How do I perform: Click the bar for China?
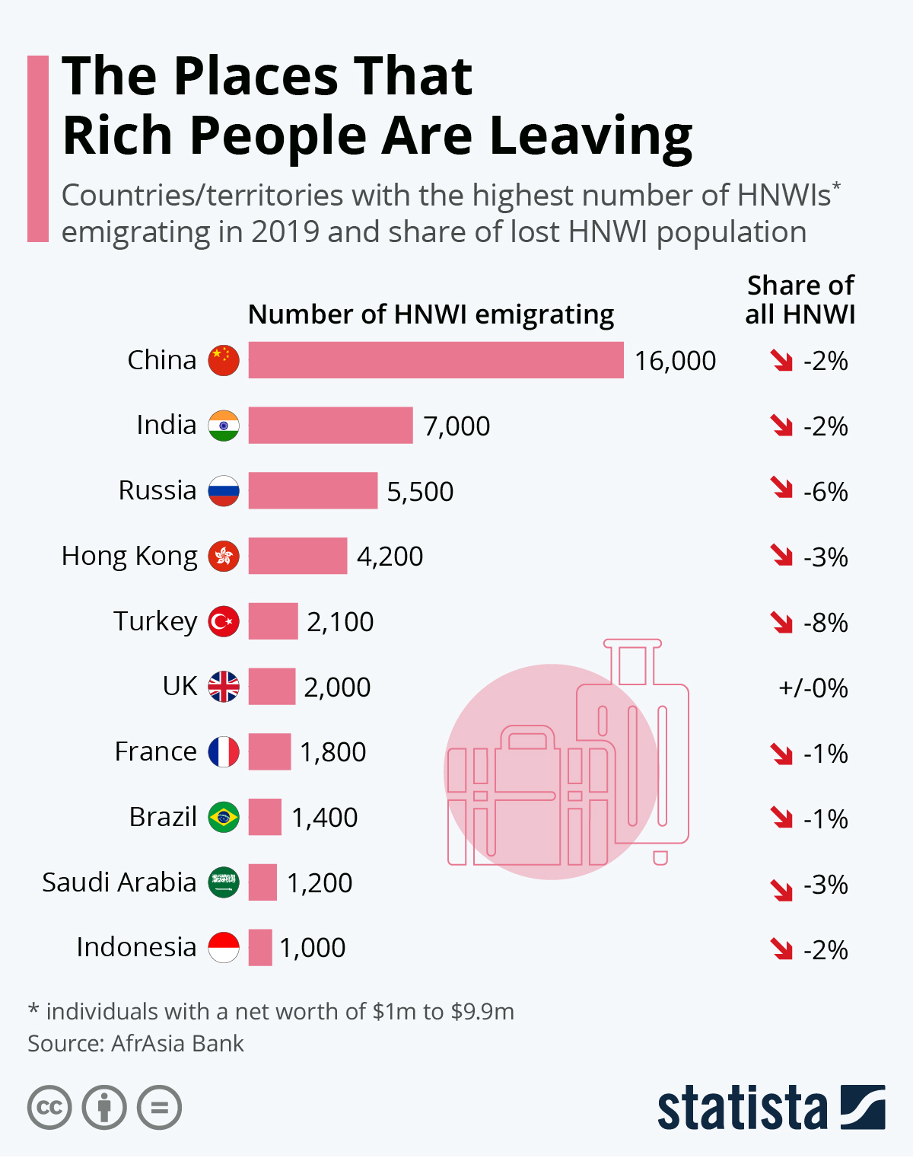click(435, 360)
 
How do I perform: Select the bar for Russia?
click(313, 490)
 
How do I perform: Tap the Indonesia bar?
click(260, 948)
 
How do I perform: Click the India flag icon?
click(224, 426)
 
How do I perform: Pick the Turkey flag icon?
click(224, 621)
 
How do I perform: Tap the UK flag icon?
click(224, 687)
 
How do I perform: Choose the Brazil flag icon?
click(224, 817)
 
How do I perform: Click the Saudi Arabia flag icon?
click(224, 882)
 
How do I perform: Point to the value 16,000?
click(675, 361)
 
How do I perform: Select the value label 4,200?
click(390, 557)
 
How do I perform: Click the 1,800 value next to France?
click(332, 752)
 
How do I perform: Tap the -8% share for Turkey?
click(826, 623)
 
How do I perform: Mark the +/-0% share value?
click(813, 688)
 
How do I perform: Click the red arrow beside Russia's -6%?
click(781, 487)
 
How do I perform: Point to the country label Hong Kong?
click(129, 557)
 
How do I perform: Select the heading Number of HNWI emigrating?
click(431, 314)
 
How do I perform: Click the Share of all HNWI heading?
click(800, 299)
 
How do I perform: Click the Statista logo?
click(771, 1108)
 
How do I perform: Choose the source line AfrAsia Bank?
click(135, 1043)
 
